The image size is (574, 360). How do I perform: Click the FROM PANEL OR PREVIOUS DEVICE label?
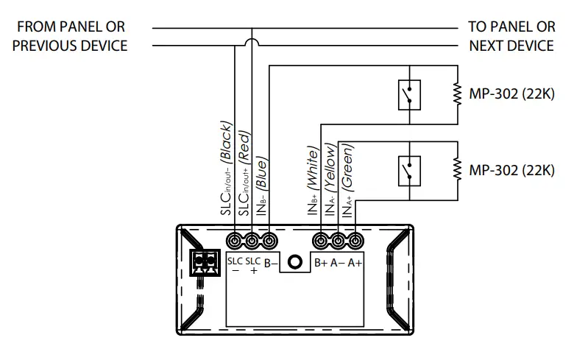pos(71,36)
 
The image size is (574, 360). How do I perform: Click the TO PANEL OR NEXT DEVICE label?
pos(511,36)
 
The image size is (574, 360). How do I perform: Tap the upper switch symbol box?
pos(409,94)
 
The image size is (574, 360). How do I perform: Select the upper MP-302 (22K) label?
pos(511,94)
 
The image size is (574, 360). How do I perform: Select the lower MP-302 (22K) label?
pos(511,170)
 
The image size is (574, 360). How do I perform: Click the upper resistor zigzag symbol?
pos(457,94)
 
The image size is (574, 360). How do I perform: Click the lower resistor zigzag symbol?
pos(457,169)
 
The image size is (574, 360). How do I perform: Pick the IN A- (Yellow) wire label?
pos(331,180)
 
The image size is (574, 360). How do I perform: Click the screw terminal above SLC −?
pos(235,241)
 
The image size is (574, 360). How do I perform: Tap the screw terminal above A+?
pos(355,241)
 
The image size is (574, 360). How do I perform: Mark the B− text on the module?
pos(270,262)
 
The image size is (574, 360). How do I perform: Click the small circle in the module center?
pos(295,263)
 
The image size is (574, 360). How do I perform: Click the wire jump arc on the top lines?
pos(252,45)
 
